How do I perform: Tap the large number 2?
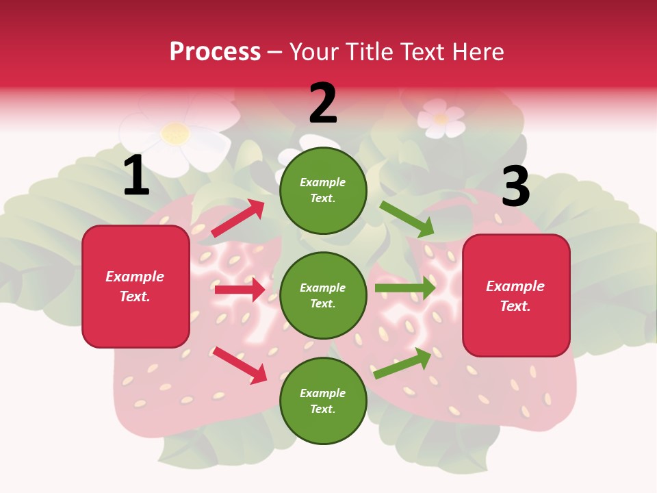tap(323, 103)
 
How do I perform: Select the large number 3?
tap(515, 186)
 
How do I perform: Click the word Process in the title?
tap(215, 51)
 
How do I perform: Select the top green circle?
tap(323, 190)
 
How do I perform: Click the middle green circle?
tap(323, 295)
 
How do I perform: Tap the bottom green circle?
tap(323, 401)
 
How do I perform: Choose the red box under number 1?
tap(136, 286)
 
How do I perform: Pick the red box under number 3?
tap(516, 295)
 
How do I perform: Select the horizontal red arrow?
tap(240, 290)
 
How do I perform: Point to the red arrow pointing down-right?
tap(240, 365)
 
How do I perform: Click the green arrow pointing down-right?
tap(407, 219)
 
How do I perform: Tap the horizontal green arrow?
tap(405, 288)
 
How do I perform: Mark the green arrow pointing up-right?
tap(403, 363)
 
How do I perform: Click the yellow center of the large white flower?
tap(176, 134)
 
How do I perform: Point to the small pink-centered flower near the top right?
tap(440, 119)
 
